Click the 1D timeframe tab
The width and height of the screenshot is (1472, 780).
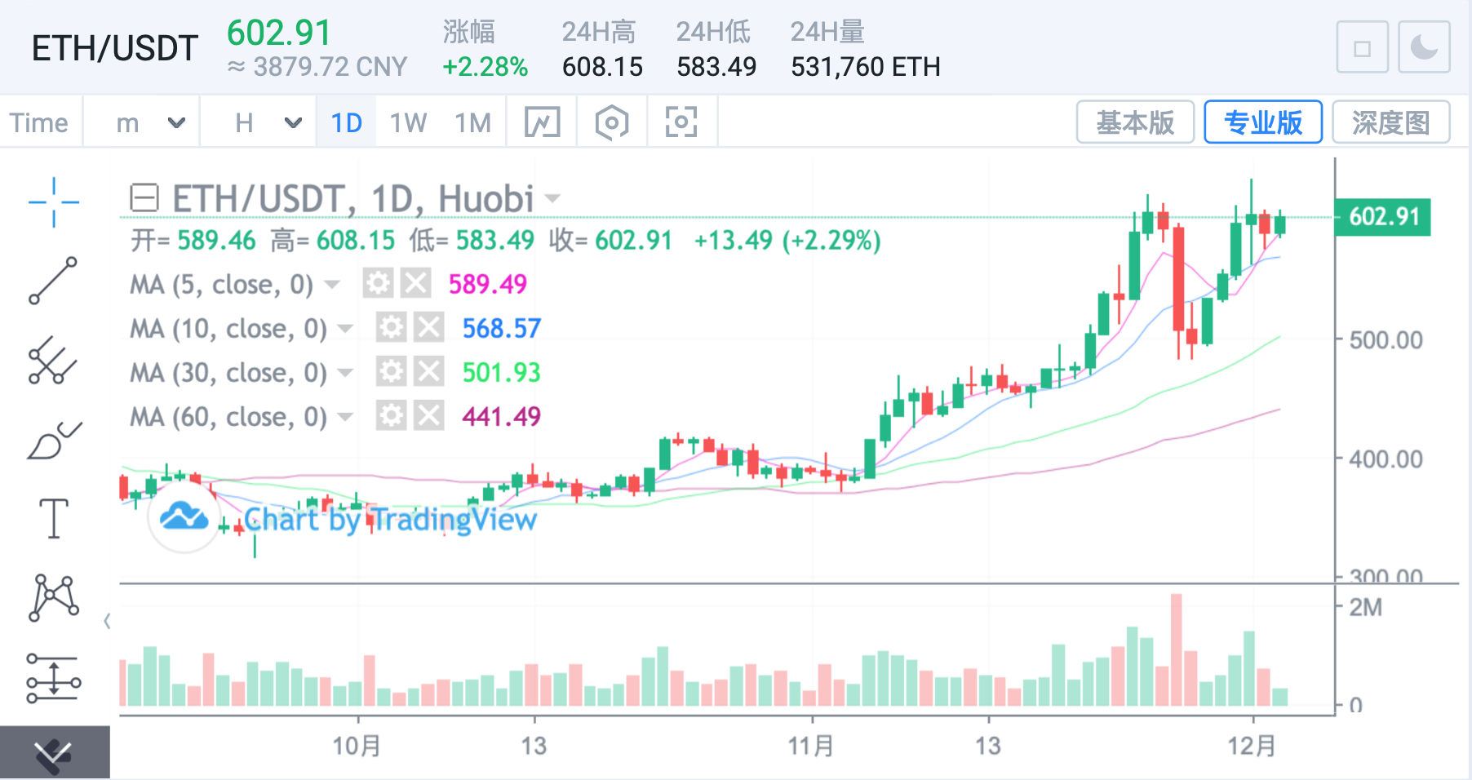[346, 123]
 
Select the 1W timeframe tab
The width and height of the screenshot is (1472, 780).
[408, 123]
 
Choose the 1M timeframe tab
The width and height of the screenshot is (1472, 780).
[472, 123]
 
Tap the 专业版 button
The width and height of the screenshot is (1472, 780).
[1262, 122]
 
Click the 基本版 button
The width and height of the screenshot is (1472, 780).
[1135, 122]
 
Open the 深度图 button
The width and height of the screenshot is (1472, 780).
[1390, 122]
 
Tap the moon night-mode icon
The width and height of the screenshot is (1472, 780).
[1424, 47]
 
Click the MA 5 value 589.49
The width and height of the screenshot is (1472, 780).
[487, 284]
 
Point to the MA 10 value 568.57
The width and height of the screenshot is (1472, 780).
[501, 328]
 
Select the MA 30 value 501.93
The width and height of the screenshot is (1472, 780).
[501, 372]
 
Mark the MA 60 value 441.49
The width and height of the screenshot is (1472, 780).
[501, 416]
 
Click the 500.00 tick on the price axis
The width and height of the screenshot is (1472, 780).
[1386, 340]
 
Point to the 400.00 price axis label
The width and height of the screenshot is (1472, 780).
[1386, 459]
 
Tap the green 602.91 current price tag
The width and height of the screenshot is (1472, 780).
[1384, 217]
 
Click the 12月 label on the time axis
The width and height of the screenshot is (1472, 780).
[1252, 745]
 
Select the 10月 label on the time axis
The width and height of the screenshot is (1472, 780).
[357, 745]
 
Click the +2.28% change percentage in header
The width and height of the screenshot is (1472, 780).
[485, 67]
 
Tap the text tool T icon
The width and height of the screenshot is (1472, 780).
[54, 519]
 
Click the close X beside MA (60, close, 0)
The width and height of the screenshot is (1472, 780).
[428, 416]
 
